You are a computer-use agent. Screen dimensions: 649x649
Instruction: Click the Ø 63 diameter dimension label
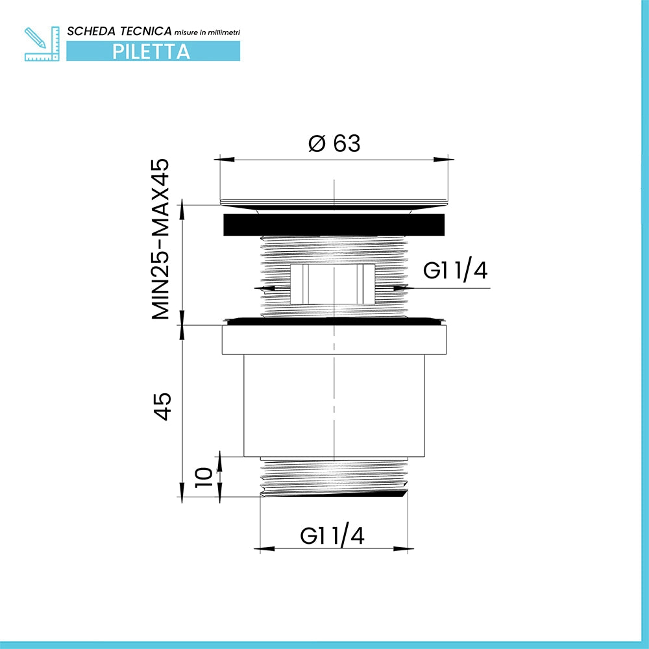(x=334, y=143)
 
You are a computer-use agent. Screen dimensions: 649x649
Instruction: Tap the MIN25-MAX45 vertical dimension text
(x=160, y=239)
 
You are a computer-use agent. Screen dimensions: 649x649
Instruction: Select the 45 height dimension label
(x=162, y=406)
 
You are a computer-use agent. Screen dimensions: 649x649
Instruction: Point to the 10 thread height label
(x=203, y=477)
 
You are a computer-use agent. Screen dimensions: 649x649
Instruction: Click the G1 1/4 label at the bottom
(x=332, y=536)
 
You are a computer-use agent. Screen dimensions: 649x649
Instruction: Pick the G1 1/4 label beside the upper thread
(x=456, y=271)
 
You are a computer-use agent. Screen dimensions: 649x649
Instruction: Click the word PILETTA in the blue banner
(x=151, y=52)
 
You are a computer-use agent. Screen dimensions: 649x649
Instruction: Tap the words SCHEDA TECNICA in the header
(x=119, y=31)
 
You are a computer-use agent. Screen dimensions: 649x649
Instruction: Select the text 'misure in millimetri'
(x=207, y=32)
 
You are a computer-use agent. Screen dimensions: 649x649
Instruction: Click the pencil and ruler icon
(x=42, y=43)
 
